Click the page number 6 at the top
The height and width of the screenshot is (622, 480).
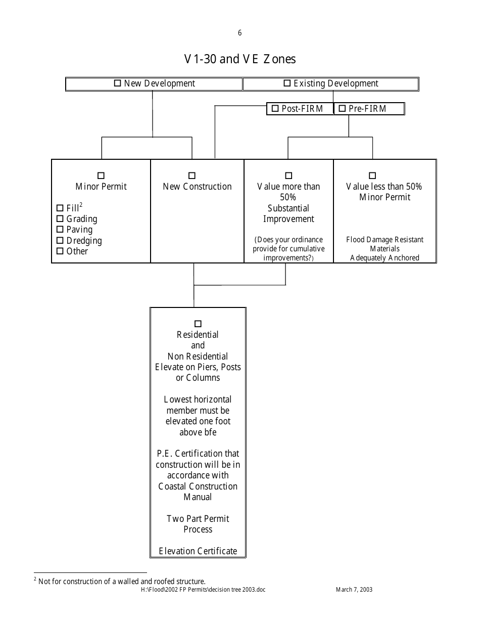pos(239,33)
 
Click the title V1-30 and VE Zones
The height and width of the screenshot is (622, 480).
pos(240,59)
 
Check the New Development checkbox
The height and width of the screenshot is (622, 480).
pos(118,83)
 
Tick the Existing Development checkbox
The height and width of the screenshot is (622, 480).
pos(287,83)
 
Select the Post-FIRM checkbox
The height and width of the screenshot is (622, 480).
pos(275,108)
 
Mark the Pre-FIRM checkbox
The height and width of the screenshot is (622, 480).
pos(342,108)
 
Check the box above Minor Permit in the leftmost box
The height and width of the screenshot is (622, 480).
pos(101,175)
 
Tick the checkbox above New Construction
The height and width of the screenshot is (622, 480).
pos(192,175)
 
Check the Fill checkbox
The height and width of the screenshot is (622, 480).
pos(60,208)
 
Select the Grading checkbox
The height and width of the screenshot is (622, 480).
pos(60,218)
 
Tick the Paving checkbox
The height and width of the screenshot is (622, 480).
pos(60,230)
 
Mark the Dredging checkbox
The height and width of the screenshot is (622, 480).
pos(60,240)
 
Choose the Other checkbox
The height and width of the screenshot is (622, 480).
pos(60,251)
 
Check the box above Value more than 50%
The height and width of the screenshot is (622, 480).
pos(289,175)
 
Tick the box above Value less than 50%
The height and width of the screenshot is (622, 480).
pos(372,175)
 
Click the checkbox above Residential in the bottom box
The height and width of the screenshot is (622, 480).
pos(198,324)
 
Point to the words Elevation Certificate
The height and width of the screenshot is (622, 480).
pos(198,551)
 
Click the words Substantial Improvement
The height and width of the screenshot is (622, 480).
pos(289,213)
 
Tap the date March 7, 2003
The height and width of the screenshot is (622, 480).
pos(354,590)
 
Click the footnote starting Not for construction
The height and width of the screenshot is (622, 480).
pos(121,581)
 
